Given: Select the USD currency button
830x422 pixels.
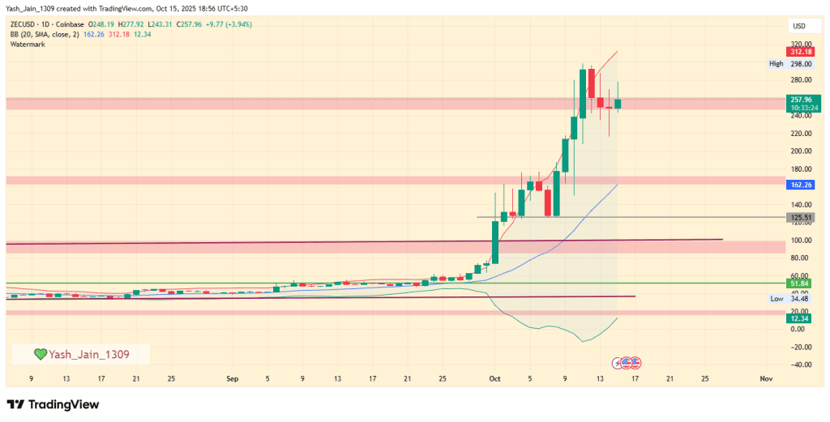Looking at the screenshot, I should pyautogui.click(x=798, y=26).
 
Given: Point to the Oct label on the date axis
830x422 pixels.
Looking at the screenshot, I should pyautogui.click(x=494, y=378).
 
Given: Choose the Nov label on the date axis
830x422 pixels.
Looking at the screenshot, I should pyautogui.click(x=765, y=378).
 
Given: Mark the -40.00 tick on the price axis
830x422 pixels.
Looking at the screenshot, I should pyautogui.click(x=799, y=364).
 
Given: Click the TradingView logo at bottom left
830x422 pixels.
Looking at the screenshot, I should pyautogui.click(x=53, y=404).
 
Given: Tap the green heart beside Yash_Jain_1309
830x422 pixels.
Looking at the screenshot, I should pyautogui.click(x=40, y=354).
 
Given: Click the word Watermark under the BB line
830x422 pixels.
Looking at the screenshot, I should pyautogui.click(x=28, y=44).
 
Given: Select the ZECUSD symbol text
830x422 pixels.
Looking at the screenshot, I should pyautogui.click(x=24, y=24).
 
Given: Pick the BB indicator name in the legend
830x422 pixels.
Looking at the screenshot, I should pyautogui.click(x=15, y=34).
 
